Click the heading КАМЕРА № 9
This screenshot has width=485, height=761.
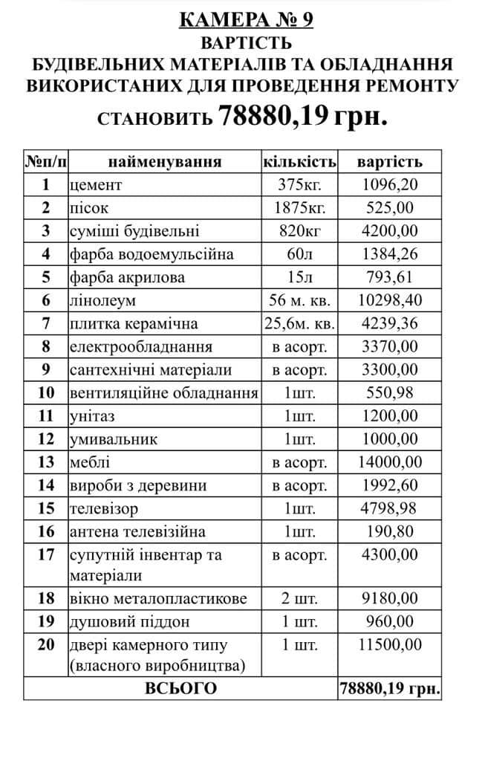click(x=246, y=19)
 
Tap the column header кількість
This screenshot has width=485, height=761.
click(x=299, y=161)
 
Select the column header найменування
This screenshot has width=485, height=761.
click(x=165, y=161)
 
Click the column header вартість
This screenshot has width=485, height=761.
click(x=389, y=161)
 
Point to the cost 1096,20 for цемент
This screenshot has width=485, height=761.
click(x=389, y=184)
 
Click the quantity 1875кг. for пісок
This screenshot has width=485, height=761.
click(x=299, y=207)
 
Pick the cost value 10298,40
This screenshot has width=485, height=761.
click(x=389, y=300)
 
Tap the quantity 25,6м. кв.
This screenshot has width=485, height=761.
click(x=299, y=323)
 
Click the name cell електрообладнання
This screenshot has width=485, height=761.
click(x=140, y=346)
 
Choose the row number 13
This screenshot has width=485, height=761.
click(x=46, y=462)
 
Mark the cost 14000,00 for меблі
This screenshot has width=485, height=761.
click(x=389, y=462)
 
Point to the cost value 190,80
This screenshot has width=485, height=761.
click(x=389, y=531)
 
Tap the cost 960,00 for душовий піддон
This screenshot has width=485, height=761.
click(x=389, y=621)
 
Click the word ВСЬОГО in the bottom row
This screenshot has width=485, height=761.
click(x=180, y=688)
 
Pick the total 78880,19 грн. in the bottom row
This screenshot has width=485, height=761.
click(x=389, y=688)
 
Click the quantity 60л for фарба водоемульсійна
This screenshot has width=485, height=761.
click(x=299, y=254)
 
